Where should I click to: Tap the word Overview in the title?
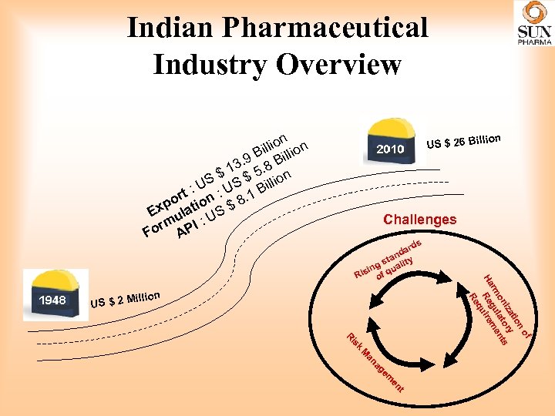[x=338, y=65]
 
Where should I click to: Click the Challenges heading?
[x=419, y=220]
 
